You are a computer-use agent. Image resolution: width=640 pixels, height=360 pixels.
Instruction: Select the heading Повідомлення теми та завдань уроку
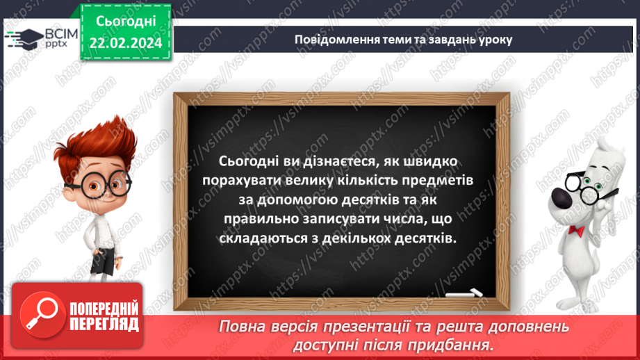pos(403,40)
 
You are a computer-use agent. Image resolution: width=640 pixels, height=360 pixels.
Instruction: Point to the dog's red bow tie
pos(575,229)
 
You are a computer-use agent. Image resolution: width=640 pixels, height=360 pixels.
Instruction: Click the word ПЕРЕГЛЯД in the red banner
pos(104,324)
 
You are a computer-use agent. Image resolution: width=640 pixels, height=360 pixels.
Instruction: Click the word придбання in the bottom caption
pos(455,345)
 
